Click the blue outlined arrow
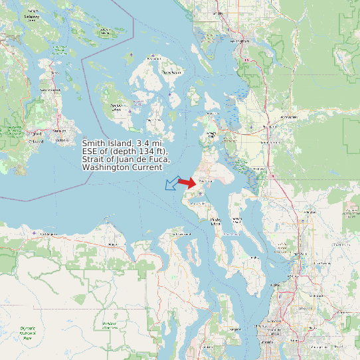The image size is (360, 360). coord(172,183)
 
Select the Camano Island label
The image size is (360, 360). coord(236,219)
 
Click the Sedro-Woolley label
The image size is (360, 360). coord(287,117)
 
